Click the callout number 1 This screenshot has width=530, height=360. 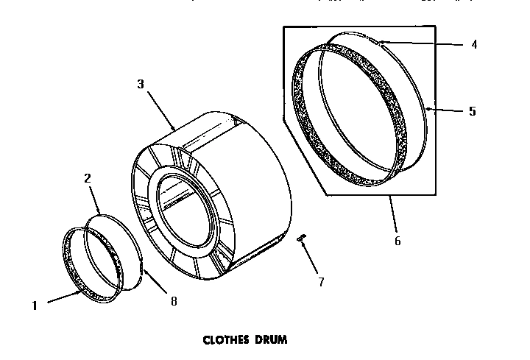click(35, 304)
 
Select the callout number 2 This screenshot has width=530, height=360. click(88, 177)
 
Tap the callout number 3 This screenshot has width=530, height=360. click(141, 83)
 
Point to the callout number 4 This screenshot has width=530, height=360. click(474, 44)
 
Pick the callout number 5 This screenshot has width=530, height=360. click(472, 112)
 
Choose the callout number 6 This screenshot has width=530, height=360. click(398, 241)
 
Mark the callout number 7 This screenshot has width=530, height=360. click(321, 282)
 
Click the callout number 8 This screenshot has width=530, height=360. click(174, 300)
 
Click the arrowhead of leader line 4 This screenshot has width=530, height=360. click(380, 43)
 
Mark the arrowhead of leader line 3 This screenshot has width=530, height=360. click(174, 130)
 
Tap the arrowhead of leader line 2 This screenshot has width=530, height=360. click(101, 214)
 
